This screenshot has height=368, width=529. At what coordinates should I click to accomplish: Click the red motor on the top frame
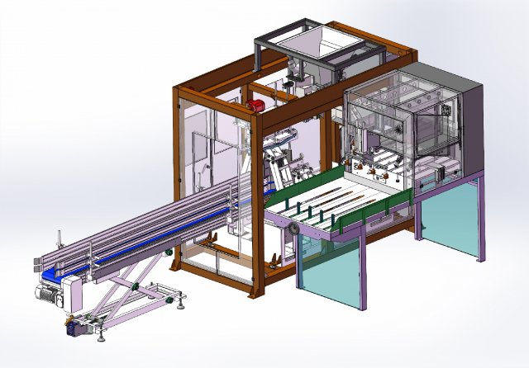pos(257,106)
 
